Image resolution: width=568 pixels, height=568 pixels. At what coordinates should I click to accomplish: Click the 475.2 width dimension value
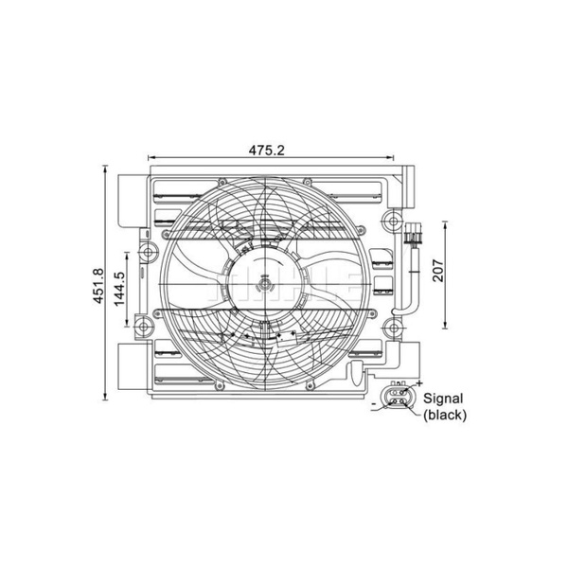click(x=267, y=150)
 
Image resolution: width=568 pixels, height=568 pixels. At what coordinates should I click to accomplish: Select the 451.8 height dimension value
click(x=98, y=286)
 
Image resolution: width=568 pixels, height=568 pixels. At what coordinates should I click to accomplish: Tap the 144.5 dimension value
click(x=119, y=288)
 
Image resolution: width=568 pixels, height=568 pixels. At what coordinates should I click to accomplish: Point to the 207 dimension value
click(x=438, y=270)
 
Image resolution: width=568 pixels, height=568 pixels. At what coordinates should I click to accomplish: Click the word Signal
click(x=443, y=399)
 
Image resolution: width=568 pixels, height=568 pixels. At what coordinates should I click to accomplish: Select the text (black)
click(x=445, y=415)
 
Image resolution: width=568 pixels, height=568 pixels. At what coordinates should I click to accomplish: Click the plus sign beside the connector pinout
click(x=419, y=382)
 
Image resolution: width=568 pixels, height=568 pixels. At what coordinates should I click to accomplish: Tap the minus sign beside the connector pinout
click(x=374, y=403)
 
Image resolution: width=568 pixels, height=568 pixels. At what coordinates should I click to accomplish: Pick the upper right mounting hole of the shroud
click(x=392, y=221)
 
